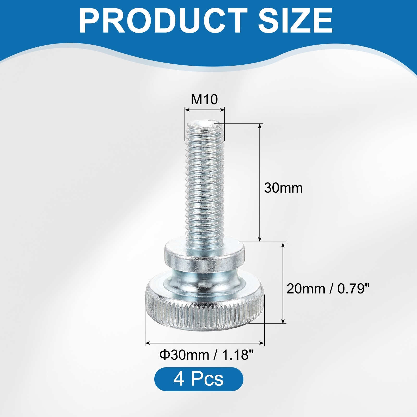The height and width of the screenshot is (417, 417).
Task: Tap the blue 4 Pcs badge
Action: [x=199, y=379]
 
